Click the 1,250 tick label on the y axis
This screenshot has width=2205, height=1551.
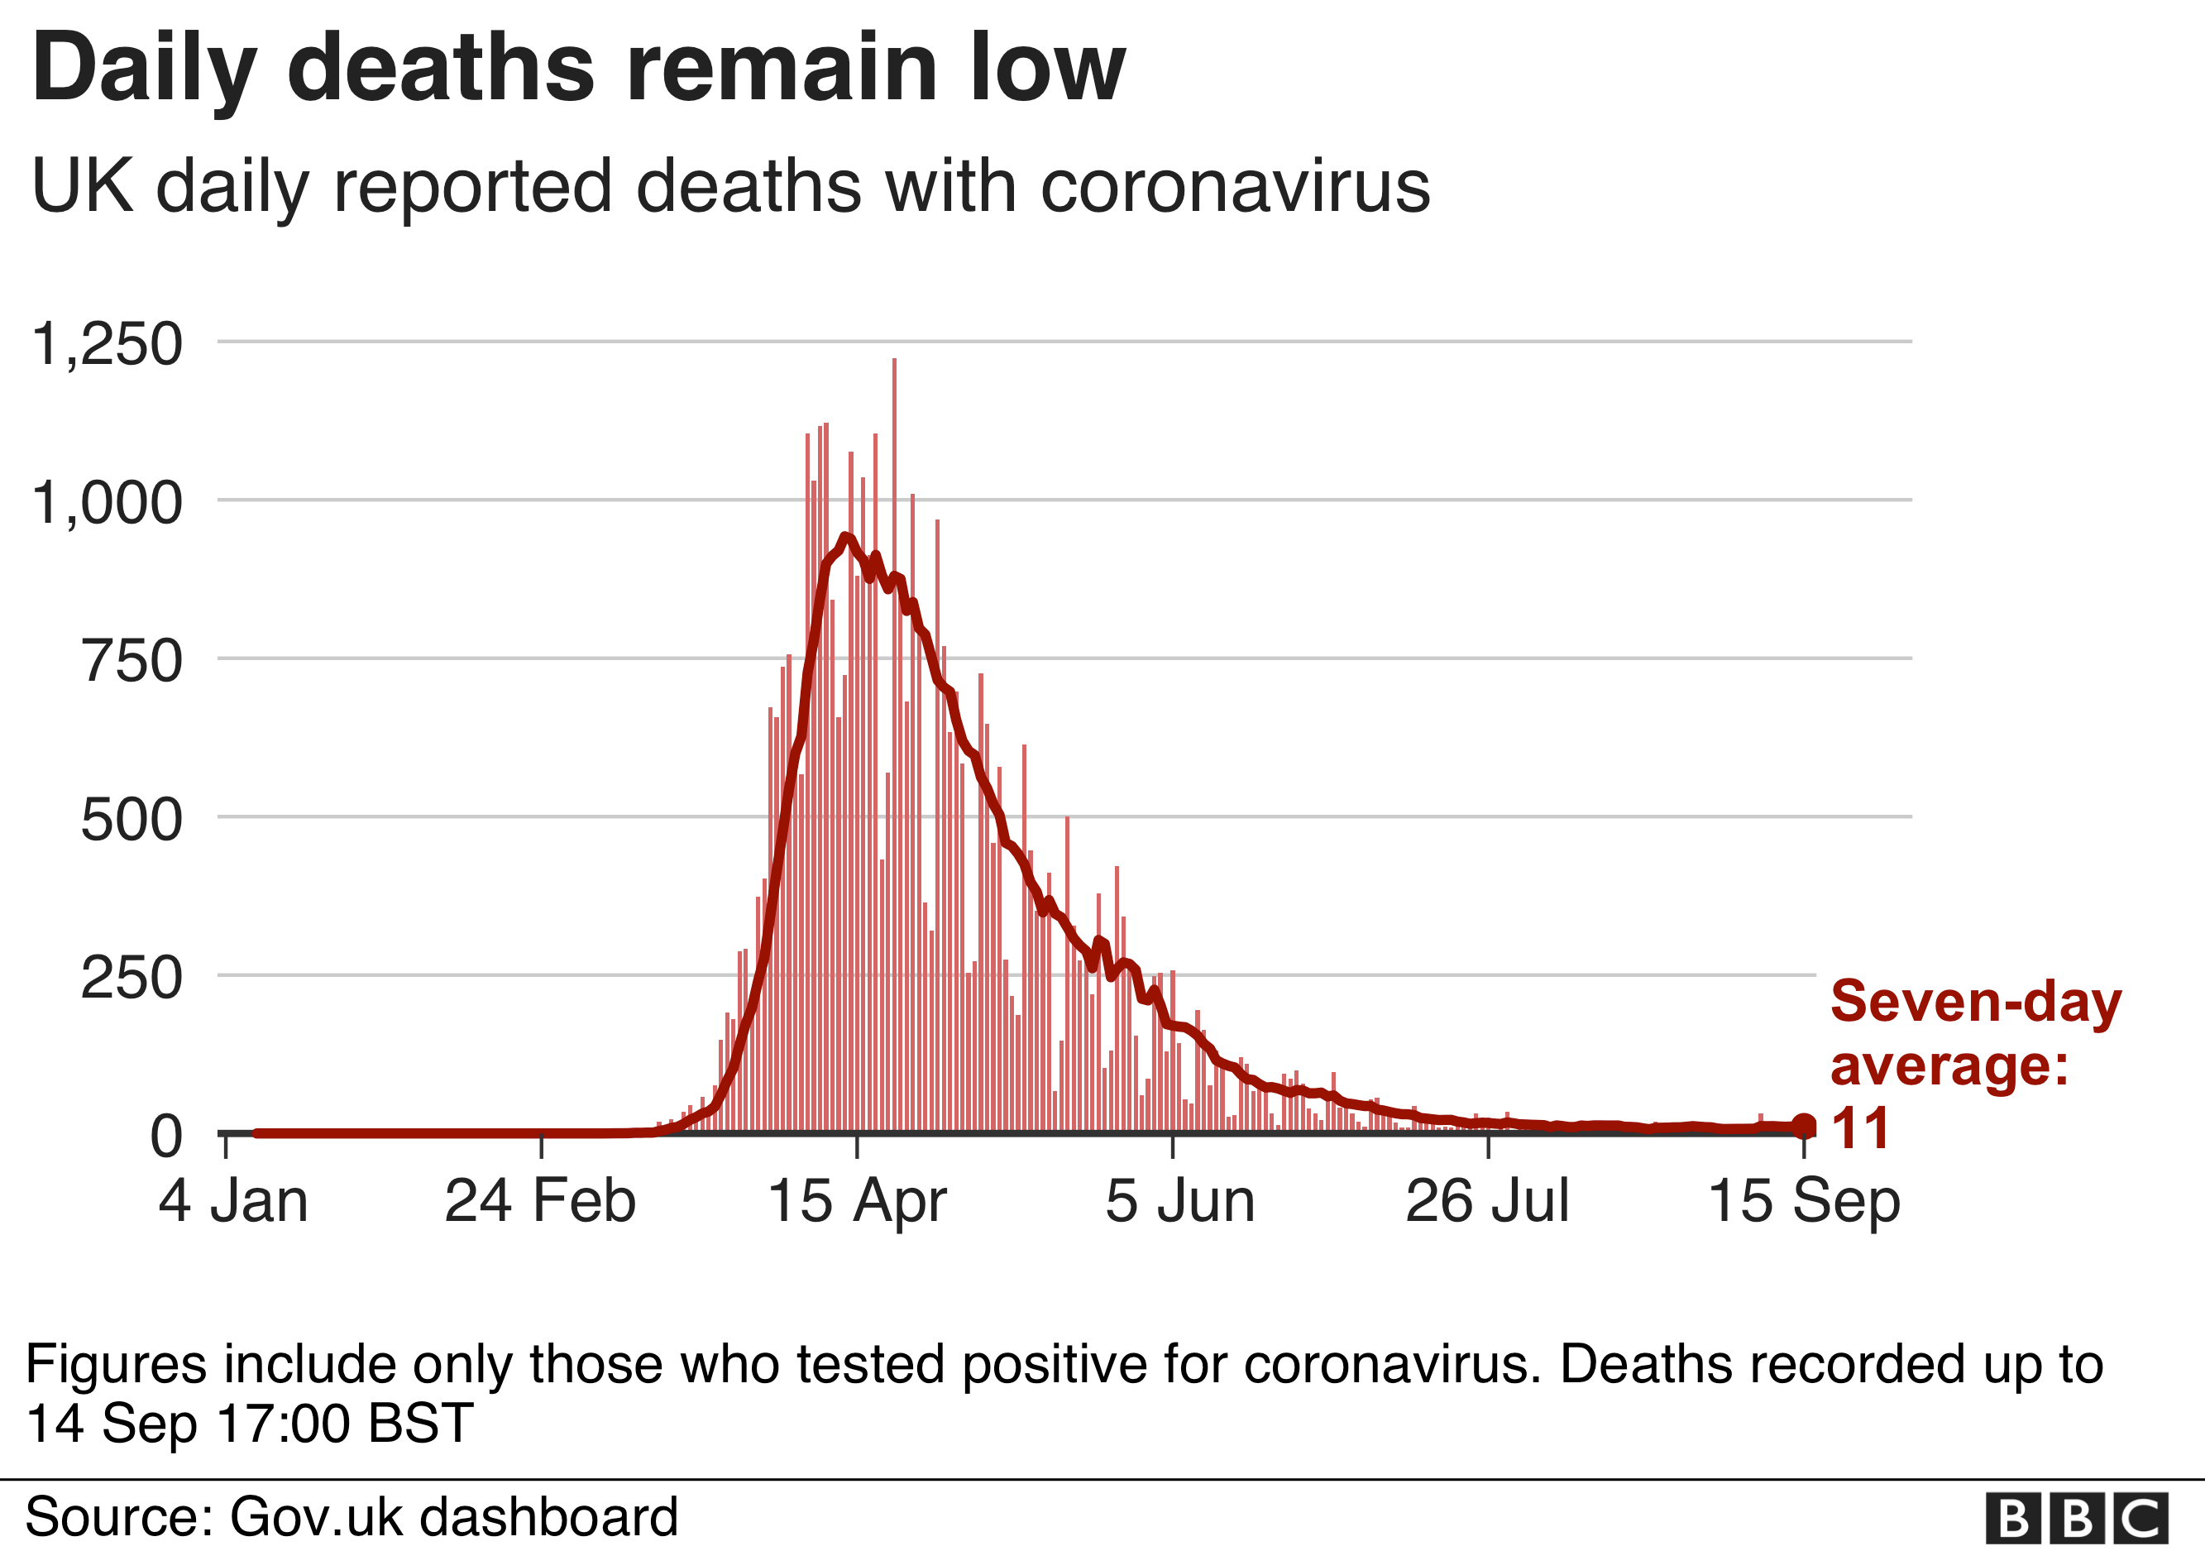pos(107,344)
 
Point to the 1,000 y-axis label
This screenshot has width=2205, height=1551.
pos(107,502)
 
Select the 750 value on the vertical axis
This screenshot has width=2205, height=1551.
pos(132,662)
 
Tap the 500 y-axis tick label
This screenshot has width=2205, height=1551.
pos(132,820)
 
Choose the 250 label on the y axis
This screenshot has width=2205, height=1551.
pos(132,979)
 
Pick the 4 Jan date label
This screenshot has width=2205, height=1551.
pos(233,1201)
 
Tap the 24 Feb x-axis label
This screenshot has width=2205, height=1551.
pos(540,1201)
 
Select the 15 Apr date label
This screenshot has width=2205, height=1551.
pos(857,1201)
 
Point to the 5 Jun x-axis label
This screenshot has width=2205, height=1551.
pos(1180,1201)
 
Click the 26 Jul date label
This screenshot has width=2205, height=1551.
pos(1488,1201)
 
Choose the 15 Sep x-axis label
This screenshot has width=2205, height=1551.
pos(1805,1201)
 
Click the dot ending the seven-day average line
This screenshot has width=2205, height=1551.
pos(1804,1126)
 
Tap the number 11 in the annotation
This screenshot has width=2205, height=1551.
pos(1860,1127)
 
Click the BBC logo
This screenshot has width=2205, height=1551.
pos(2076,1520)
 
